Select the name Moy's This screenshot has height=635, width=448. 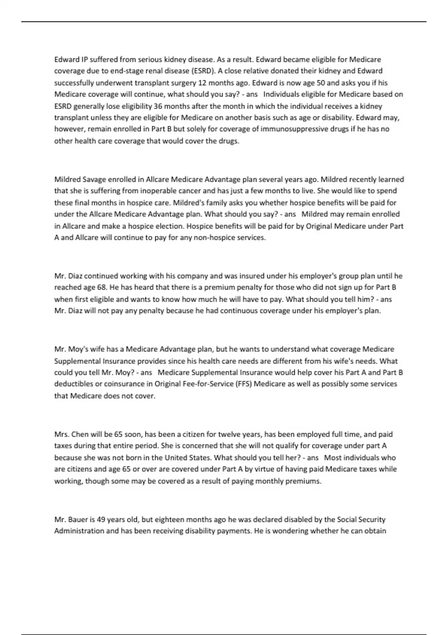coord(78,349)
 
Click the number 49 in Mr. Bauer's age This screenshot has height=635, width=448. coord(100,520)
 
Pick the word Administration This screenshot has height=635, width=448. coord(79,531)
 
